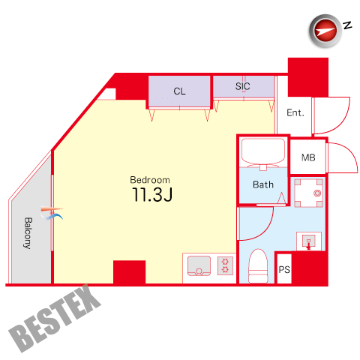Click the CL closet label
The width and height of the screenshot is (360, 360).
[179, 91]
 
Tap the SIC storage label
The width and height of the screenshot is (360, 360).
[242, 86]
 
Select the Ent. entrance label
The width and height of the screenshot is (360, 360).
[295, 112]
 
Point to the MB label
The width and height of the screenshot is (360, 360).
[308, 157]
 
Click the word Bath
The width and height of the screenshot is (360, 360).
[263, 184]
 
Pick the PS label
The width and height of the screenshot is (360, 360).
[284, 270]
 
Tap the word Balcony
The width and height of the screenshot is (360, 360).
[28, 233]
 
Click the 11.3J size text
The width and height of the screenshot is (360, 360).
[152, 194]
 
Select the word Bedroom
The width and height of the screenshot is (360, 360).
[150, 180]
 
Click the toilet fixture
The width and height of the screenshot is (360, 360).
[258, 265]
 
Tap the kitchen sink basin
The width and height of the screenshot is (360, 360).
[199, 265]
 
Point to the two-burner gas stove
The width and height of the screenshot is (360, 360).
[225, 265]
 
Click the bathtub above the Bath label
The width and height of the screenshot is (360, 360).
[263, 152]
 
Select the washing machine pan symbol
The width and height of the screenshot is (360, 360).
[308, 193]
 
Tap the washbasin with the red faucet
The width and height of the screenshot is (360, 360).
[309, 241]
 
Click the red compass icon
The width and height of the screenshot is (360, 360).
[325, 31]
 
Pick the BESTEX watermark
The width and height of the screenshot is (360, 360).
[55, 319]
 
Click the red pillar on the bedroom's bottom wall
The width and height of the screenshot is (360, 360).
[129, 272]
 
